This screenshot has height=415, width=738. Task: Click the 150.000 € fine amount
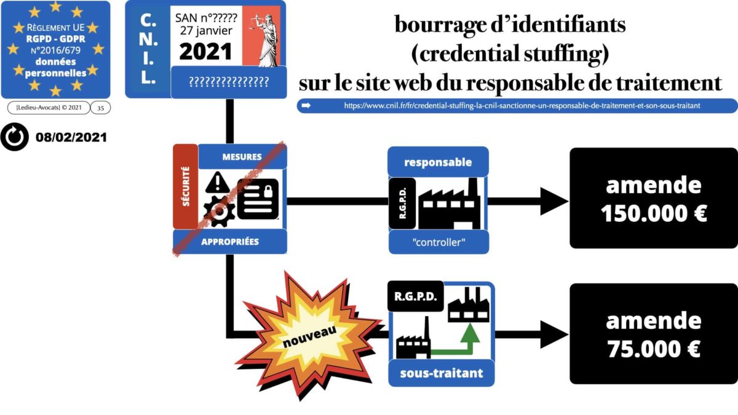coord(653,213)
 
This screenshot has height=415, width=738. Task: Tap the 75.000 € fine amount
coord(653,349)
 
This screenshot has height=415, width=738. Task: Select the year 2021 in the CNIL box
coord(205,51)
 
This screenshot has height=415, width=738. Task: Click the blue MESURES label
coord(242,157)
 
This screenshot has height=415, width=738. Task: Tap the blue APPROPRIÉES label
coord(230,242)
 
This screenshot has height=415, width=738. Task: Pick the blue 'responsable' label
coord(438,162)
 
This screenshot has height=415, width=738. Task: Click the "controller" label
coord(438,242)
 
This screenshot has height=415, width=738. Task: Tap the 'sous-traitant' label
coord(441,373)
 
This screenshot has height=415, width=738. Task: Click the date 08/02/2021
coord(71,137)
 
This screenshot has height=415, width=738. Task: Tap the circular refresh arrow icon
coord(15,137)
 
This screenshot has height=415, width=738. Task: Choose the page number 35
coord(100,108)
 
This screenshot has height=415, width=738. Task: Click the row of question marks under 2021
coord(228,81)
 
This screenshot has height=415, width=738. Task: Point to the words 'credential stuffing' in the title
coord(510,53)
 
